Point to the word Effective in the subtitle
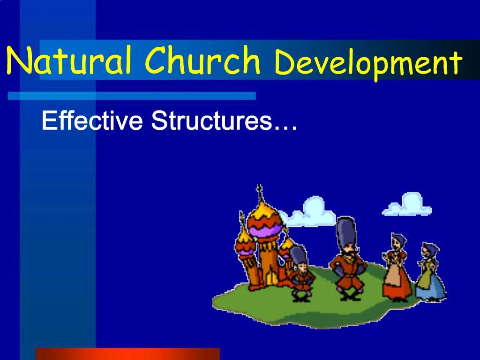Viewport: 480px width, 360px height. [92, 121]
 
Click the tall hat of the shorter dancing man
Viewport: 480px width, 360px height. [298, 255]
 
